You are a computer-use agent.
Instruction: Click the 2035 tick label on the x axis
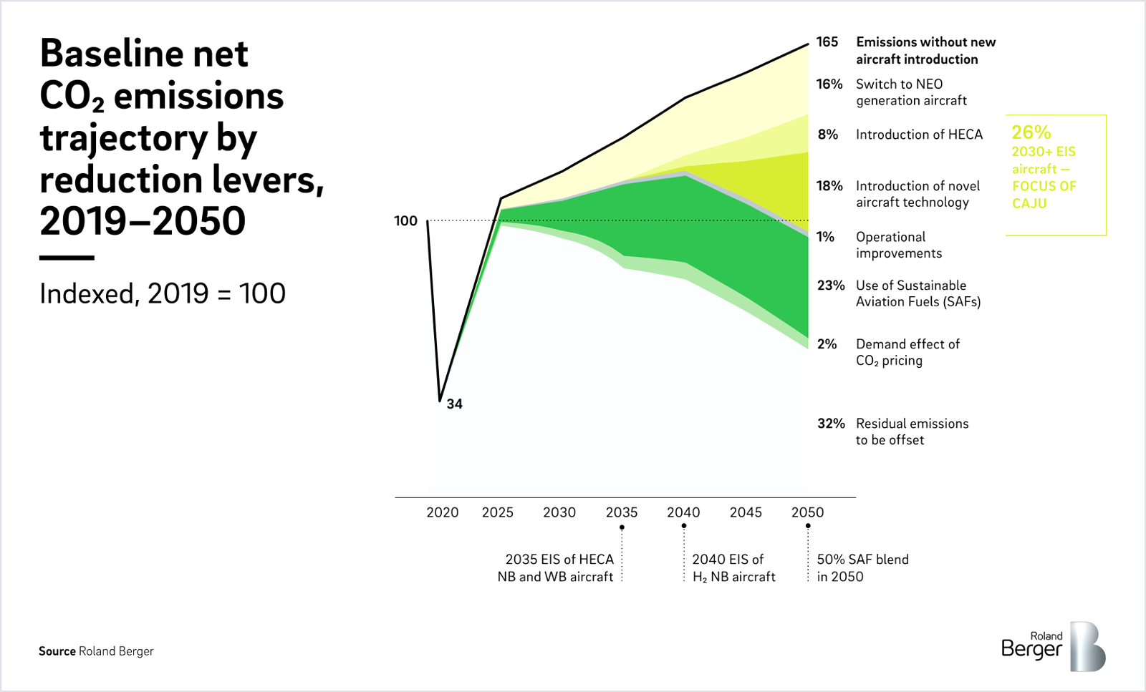621,512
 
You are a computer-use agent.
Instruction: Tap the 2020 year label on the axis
442,512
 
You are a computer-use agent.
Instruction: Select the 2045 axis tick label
746,512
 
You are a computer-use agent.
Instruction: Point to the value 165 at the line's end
827,42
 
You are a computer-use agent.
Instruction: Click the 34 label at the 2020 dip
455,404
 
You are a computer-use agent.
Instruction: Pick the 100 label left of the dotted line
405,221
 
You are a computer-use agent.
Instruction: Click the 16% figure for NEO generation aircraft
829,84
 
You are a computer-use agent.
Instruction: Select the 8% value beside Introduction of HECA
828,135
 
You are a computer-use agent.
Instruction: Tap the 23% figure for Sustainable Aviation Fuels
831,286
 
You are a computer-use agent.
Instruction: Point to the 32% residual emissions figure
831,424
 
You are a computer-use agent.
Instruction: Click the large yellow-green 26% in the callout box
1031,132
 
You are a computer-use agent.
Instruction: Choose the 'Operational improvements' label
898,245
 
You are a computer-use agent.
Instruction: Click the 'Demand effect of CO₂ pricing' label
907,352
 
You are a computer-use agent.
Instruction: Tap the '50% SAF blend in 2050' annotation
862,567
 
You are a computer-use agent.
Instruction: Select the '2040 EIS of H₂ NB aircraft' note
733,567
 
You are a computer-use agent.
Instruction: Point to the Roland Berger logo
1052,647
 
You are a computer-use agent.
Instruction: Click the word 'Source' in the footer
57,651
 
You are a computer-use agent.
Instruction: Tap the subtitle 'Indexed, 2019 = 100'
163,293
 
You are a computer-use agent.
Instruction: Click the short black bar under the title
67,258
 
